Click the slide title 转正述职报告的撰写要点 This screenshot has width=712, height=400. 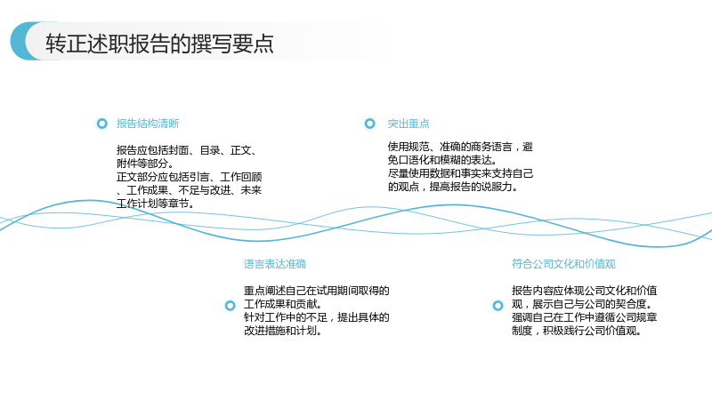click(x=159, y=44)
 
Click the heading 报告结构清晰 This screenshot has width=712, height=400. click(x=148, y=124)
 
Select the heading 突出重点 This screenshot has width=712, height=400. click(x=409, y=124)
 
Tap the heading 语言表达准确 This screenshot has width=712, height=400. click(x=275, y=264)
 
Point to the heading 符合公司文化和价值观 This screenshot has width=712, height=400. click(x=563, y=264)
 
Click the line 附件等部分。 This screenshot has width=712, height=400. click(x=145, y=164)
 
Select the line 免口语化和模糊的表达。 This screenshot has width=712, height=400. click(x=442, y=160)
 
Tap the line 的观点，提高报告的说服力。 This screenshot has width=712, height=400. click(x=453, y=187)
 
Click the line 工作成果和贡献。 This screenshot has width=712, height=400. click(x=283, y=304)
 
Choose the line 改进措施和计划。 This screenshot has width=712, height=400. click(x=283, y=331)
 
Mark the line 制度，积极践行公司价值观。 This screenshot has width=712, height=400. click(x=577, y=331)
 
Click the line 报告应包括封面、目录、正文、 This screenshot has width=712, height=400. click(x=188, y=150)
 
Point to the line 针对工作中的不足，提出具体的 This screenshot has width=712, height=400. click(x=317, y=317)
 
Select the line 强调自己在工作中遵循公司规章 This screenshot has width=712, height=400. click(x=585, y=317)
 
